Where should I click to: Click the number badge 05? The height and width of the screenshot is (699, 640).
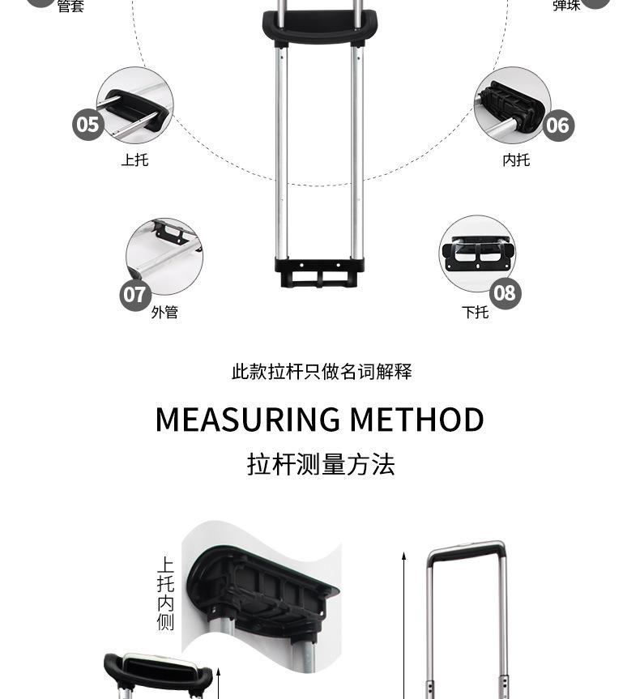click(x=87, y=125)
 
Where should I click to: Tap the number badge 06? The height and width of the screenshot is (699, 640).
click(x=557, y=126)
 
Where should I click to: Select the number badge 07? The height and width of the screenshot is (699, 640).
click(x=135, y=294)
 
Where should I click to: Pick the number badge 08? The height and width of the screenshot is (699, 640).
click(x=504, y=292)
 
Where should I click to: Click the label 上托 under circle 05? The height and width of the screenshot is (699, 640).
click(x=135, y=160)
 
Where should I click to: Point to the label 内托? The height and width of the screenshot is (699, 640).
click(x=516, y=160)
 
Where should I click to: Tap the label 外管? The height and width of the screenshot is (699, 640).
click(x=164, y=312)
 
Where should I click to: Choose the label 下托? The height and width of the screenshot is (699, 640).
click(x=476, y=312)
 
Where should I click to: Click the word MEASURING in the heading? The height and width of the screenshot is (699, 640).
click(x=248, y=420)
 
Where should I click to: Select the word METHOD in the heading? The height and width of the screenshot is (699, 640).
click(x=417, y=420)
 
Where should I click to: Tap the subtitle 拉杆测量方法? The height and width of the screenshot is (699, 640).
click(x=321, y=465)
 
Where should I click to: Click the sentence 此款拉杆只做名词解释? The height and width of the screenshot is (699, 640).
click(x=322, y=372)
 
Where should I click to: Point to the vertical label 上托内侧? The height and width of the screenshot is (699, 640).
click(x=165, y=594)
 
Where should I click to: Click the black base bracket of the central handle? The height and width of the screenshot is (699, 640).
click(x=319, y=272)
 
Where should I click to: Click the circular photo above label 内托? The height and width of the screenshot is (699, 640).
click(x=512, y=105)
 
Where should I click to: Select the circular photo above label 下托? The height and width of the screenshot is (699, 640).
click(x=477, y=253)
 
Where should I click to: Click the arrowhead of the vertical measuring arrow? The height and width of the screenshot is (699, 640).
click(x=403, y=556)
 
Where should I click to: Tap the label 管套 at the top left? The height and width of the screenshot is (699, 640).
click(x=70, y=7)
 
